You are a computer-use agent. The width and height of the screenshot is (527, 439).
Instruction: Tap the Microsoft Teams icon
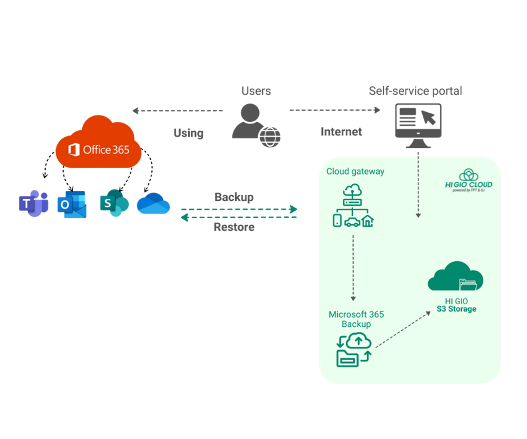tap(33, 204)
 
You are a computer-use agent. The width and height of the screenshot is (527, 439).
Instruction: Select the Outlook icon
tap(72, 204)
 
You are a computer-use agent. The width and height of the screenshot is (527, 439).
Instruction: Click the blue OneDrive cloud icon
tap(154, 204)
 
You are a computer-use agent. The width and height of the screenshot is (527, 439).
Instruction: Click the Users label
tap(256, 91)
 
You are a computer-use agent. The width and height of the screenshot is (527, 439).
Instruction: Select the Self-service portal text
tap(415, 91)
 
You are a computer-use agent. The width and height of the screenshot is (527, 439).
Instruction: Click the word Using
tap(188, 133)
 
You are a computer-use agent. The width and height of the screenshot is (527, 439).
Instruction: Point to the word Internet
tap(341, 132)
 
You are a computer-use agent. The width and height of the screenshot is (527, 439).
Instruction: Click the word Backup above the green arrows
tap(233, 198)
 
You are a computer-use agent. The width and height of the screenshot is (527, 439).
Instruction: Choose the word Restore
tap(233, 227)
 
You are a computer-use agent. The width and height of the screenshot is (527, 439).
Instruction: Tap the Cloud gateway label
tap(355, 171)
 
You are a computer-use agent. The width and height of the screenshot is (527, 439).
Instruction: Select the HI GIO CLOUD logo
tap(469, 180)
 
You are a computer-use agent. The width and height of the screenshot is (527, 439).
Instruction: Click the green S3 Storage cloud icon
tap(456, 276)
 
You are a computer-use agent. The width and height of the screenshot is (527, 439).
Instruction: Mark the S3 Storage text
tap(456, 309)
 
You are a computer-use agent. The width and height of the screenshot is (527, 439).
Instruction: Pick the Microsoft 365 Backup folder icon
tap(354, 349)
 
